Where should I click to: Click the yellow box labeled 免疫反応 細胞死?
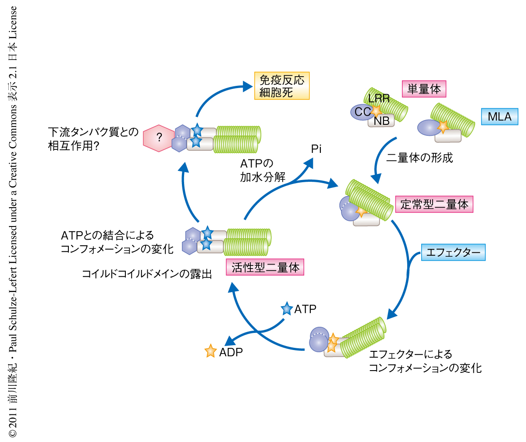[x=282, y=86]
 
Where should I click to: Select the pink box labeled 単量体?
[x=423, y=89]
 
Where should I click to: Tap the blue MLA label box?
[x=499, y=117]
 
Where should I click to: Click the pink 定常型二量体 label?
[x=434, y=204]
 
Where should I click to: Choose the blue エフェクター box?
[x=453, y=252]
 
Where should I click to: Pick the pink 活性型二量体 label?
[x=265, y=267]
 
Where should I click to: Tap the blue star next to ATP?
[x=287, y=309]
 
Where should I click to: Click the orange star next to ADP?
[x=211, y=351]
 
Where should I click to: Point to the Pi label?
[x=316, y=149]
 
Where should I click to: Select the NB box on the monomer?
[x=382, y=120]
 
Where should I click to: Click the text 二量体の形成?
[x=419, y=158]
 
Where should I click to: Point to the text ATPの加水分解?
[x=262, y=170]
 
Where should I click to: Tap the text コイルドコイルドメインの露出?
[x=147, y=274]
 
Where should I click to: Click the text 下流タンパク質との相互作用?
[x=93, y=138]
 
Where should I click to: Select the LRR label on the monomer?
[x=379, y=99]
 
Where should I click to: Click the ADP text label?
[x=231, y=352]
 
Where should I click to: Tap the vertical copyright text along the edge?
[x=13, y=221]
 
